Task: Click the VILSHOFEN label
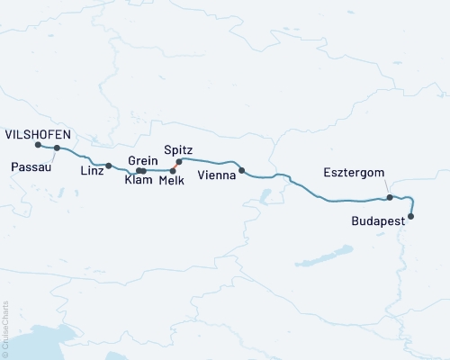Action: tap(40, 133)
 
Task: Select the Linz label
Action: tap(91, 170)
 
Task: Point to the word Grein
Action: tap(144, 160)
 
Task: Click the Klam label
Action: tap(139, 181)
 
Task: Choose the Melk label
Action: tap(172, 181)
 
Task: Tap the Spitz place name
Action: tap(179, 149)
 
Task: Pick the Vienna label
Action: tap(217, 175)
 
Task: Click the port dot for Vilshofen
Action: tap(37, 145)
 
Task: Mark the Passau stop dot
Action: tap(57, 148)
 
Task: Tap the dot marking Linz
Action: tap(108, 166)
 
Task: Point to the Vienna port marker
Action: tap(241, 170)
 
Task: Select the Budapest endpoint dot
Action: tap(411, 216)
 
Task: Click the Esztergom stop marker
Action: tap(389, 197)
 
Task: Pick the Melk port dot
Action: tap(173, 170)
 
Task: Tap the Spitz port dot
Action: tap(178, 162)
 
